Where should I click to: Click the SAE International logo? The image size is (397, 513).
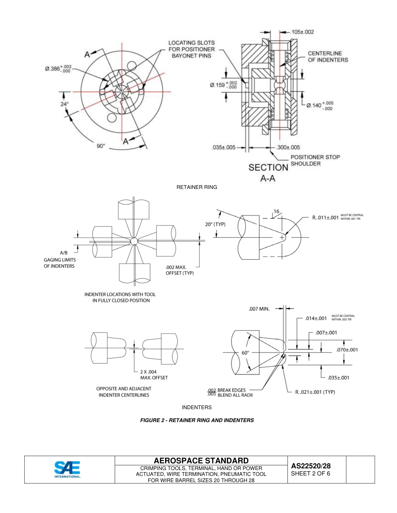click(67, 469)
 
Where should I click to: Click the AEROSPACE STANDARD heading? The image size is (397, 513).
click(201, 460)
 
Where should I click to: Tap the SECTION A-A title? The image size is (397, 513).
click(268, 172)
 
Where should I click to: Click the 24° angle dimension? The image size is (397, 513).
click(64, 104)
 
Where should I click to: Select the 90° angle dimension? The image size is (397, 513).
click(101, 146)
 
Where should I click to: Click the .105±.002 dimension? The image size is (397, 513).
click(302, 32)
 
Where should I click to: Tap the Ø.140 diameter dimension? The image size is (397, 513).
click(320, 105)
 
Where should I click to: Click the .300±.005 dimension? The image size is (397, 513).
click(288, 147)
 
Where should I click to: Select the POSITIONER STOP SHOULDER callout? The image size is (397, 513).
click(315, 160)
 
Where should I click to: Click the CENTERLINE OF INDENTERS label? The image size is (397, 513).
click(328, 56)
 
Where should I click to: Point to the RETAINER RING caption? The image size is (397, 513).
click(197, 187)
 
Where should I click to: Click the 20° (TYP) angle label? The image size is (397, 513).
click(215, 224)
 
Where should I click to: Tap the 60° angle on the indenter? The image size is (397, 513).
click(245, 352)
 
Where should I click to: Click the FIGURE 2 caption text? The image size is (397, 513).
click(197, 420)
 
